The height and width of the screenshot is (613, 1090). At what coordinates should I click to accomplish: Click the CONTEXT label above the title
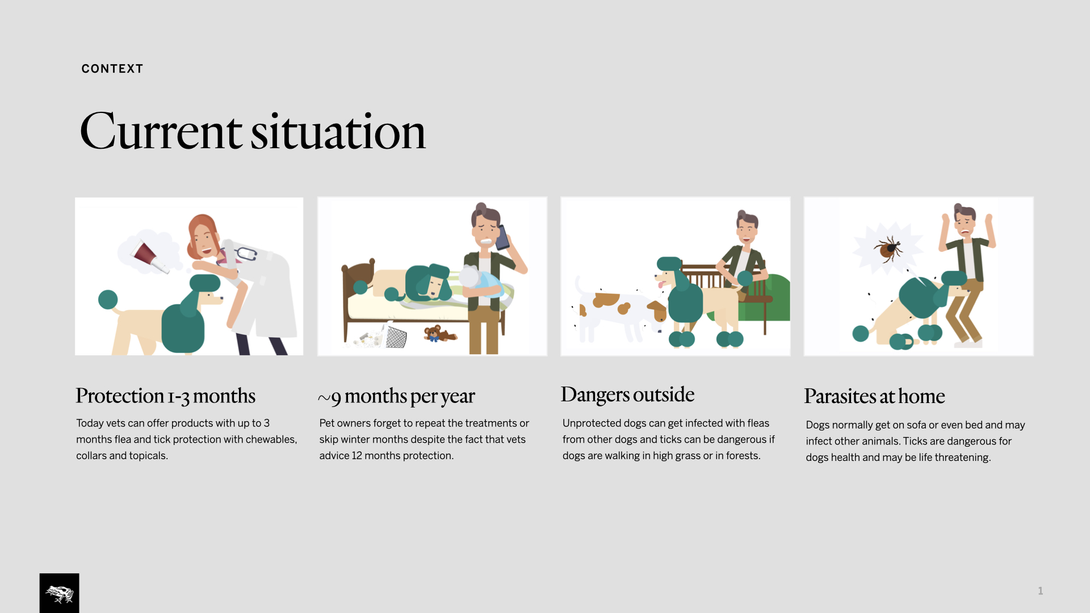pos(112,69)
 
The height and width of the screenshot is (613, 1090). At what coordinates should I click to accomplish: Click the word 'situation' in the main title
pos(338,132)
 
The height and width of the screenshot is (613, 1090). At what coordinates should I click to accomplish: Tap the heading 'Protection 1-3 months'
pos(166,396)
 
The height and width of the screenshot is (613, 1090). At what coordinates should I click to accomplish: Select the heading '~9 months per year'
pos(397,397)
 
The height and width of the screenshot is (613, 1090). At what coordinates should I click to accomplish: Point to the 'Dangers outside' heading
pos(628,395)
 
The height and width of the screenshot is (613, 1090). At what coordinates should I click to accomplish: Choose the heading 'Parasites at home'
pos(875,396)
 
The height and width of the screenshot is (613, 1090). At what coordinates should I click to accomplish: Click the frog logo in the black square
pos(60,594)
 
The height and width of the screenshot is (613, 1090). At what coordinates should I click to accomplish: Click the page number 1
pos(1041,591)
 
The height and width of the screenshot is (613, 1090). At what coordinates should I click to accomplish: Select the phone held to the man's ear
pos(502,237)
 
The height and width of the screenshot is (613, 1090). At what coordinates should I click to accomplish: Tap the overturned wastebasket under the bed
pos(396,336)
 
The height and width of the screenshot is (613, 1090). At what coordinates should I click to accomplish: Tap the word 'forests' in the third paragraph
pos(742,456)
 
